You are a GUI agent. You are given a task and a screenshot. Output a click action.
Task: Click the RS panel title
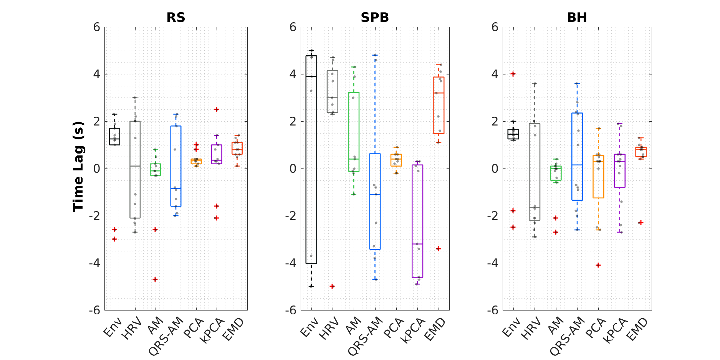(x=176, y=18)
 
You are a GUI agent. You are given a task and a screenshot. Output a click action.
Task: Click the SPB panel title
(x=375, y=18)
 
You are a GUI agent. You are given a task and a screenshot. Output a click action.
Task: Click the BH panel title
(x=577, y=18)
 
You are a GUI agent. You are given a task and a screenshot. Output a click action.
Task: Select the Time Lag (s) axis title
(x=78, y=167)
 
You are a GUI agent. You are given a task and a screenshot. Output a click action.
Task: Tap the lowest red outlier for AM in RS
(x=155, y=279)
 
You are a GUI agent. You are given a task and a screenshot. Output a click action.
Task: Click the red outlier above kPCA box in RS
(x=217, y=109)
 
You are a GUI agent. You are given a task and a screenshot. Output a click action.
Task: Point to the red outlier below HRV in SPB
(x=332, y=286)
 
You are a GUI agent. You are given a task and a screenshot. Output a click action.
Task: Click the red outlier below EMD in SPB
(x=439, y=249)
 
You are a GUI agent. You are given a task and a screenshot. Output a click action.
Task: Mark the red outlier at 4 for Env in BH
(x=513, y=74)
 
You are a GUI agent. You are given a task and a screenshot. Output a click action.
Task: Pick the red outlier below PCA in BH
(x=598, y=265)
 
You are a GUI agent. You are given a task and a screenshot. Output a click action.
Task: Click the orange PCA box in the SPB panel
(x=396, y=160)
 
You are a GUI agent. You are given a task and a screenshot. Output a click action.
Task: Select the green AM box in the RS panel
(x=156, y=170)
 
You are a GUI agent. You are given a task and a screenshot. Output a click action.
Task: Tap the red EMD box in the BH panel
(x=641, y=152)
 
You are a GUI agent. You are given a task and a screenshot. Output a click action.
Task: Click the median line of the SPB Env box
(x=311, y=76)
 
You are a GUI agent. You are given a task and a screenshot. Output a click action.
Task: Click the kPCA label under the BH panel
(x=615, y=330)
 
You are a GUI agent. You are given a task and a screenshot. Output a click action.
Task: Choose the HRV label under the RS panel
(x=132, y=329)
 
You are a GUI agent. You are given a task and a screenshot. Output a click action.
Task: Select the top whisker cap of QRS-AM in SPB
(x=375, y=55)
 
